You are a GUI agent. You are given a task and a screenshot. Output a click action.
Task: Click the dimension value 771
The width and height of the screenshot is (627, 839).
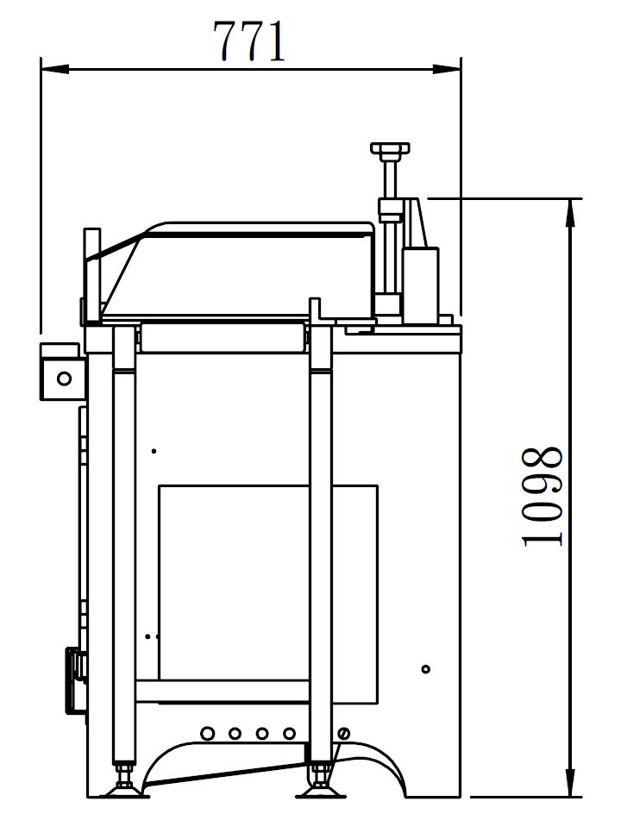(x=250, y=41)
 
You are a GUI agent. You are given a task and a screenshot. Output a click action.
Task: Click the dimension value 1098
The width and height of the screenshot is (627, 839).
(x=542, y=497)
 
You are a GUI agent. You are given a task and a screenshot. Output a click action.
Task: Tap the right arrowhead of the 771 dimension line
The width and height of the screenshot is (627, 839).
(x=447, y=69)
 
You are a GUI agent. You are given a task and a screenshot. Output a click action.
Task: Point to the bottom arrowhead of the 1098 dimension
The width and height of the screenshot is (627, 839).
(x=572, y=782)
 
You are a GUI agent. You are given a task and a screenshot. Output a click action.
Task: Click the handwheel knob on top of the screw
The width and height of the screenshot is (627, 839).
(x=390, y=150)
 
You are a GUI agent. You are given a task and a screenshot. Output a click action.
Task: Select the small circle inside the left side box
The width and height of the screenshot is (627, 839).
(x=64, y=379)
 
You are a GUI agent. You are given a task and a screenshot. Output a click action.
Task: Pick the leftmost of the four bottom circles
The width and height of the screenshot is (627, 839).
(x=208, y=733)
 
